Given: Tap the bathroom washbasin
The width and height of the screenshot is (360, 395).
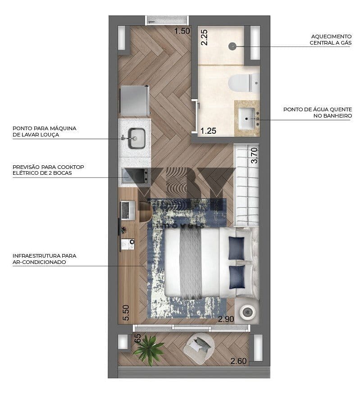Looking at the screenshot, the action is [247, 118].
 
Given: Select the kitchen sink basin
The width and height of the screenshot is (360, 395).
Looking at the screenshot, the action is [137, 138].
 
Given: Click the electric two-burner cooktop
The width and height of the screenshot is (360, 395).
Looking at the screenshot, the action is [135, 176].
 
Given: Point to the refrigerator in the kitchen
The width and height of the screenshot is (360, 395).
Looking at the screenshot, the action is [135, 100].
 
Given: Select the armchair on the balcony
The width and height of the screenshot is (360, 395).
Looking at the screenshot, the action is [199, 348].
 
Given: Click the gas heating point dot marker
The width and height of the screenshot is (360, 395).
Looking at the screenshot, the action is [232, 46].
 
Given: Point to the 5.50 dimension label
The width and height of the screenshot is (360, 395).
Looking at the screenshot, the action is [126, 313].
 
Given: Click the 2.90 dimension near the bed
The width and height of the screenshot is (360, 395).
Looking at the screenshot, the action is [226, 319].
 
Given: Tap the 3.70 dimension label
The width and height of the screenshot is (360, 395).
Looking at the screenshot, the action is [255, 155].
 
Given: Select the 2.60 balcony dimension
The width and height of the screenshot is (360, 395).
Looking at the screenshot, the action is [238, 361].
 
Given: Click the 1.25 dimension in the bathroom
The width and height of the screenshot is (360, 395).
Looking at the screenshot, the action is [208, 131].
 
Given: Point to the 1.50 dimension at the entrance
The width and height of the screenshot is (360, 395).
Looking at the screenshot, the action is [182, 31].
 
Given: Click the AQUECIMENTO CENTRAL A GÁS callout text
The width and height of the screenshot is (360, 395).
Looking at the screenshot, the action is [331, 40].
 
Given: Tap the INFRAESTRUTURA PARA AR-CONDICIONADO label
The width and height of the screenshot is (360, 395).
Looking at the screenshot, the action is [44, 259].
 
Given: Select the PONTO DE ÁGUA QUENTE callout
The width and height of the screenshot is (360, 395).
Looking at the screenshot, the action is [318, 113].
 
